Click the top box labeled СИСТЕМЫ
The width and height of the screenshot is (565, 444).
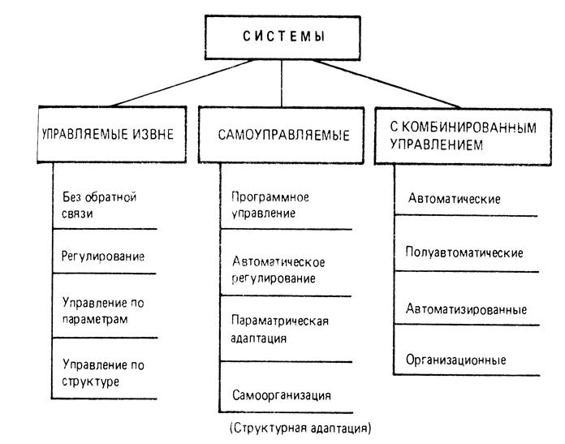tap(281, 36)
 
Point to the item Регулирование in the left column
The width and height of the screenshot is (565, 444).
tap(102, 256)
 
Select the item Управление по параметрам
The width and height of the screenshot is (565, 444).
tap(102, 310)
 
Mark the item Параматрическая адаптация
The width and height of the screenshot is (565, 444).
tap(279, 328)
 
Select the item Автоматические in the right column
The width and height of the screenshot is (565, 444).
tap(453, 199)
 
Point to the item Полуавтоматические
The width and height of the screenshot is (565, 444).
tap(464, 252)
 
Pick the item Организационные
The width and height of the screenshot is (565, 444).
tap(456, 360)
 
